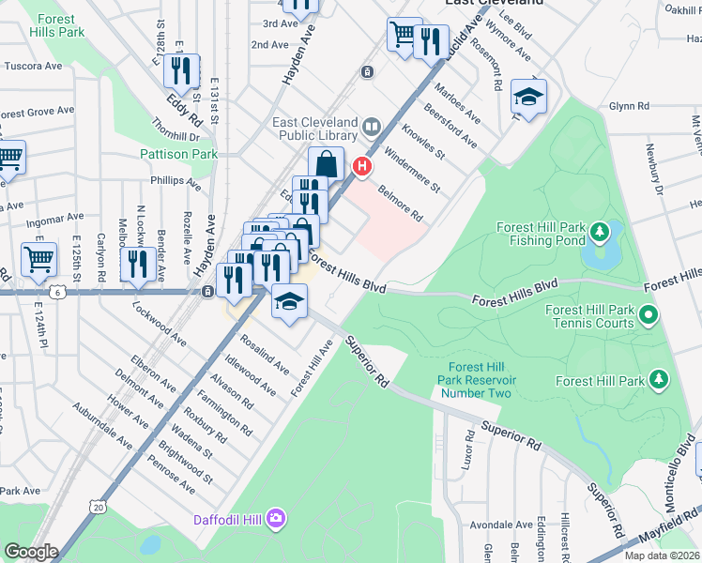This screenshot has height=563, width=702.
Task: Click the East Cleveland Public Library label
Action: [x=315, y=130]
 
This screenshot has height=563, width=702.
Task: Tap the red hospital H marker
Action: [x=361, y=166]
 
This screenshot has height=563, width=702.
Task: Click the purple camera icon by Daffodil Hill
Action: [x=275, y=518]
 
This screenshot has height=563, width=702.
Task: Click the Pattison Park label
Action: [x=178, y=154]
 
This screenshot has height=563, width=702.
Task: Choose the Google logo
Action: [x=31, y=552]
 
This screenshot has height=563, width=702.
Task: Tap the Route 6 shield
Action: [x=59, y=293]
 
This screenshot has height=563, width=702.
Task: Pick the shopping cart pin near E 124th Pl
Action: [x=38, y=257]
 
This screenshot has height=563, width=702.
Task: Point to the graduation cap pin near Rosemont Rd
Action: [x=528, y=98]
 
